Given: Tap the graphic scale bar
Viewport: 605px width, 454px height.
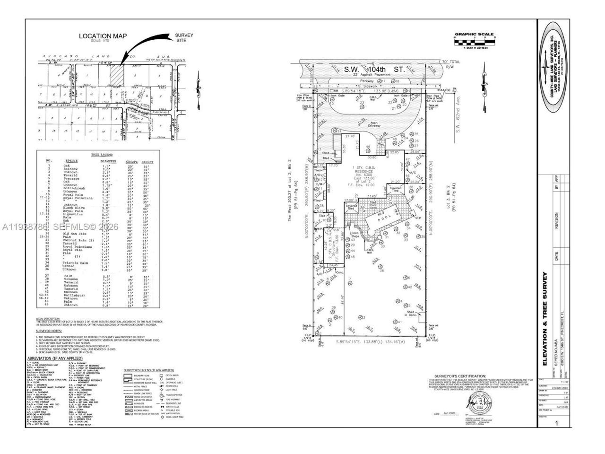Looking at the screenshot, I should (x=474, y=43).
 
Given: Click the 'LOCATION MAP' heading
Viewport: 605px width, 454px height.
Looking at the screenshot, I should (x=103, y=36).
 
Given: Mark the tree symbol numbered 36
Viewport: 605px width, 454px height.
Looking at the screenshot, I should (x=381, y=266).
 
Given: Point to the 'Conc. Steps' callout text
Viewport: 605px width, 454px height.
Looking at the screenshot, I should (x=355, y=234).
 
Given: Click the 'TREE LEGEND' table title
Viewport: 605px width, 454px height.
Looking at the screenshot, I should (x=101, y=155).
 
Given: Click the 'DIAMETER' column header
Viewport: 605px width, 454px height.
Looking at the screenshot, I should (x=109, y=161).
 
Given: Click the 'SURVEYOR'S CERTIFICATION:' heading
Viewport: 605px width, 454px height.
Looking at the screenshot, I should (x=455, y=373).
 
